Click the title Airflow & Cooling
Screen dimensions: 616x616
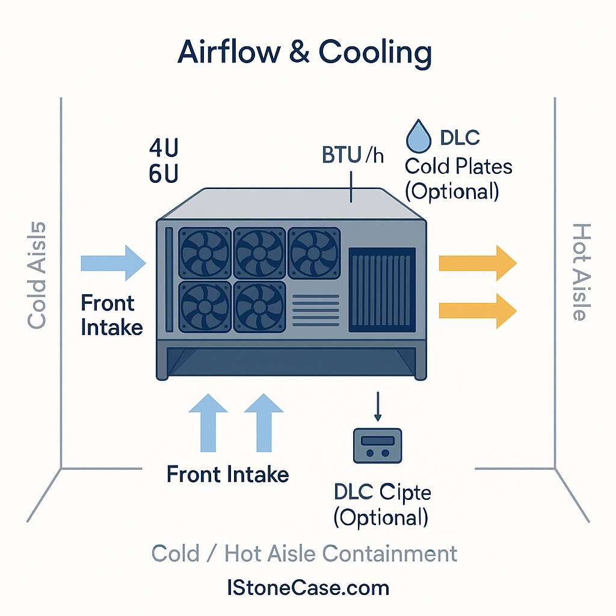pos(304,53)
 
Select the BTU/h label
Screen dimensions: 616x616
pos(353,155)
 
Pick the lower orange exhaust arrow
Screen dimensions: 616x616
pos(478,310)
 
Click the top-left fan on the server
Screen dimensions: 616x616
pos(205,253)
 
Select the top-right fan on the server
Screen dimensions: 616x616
pos(313,253)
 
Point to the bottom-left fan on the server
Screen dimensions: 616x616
pos(205,306)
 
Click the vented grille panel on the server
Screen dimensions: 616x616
pos(382,290)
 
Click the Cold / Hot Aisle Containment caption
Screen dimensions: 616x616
pos(304,553)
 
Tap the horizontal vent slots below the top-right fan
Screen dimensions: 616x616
pos(315,308)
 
